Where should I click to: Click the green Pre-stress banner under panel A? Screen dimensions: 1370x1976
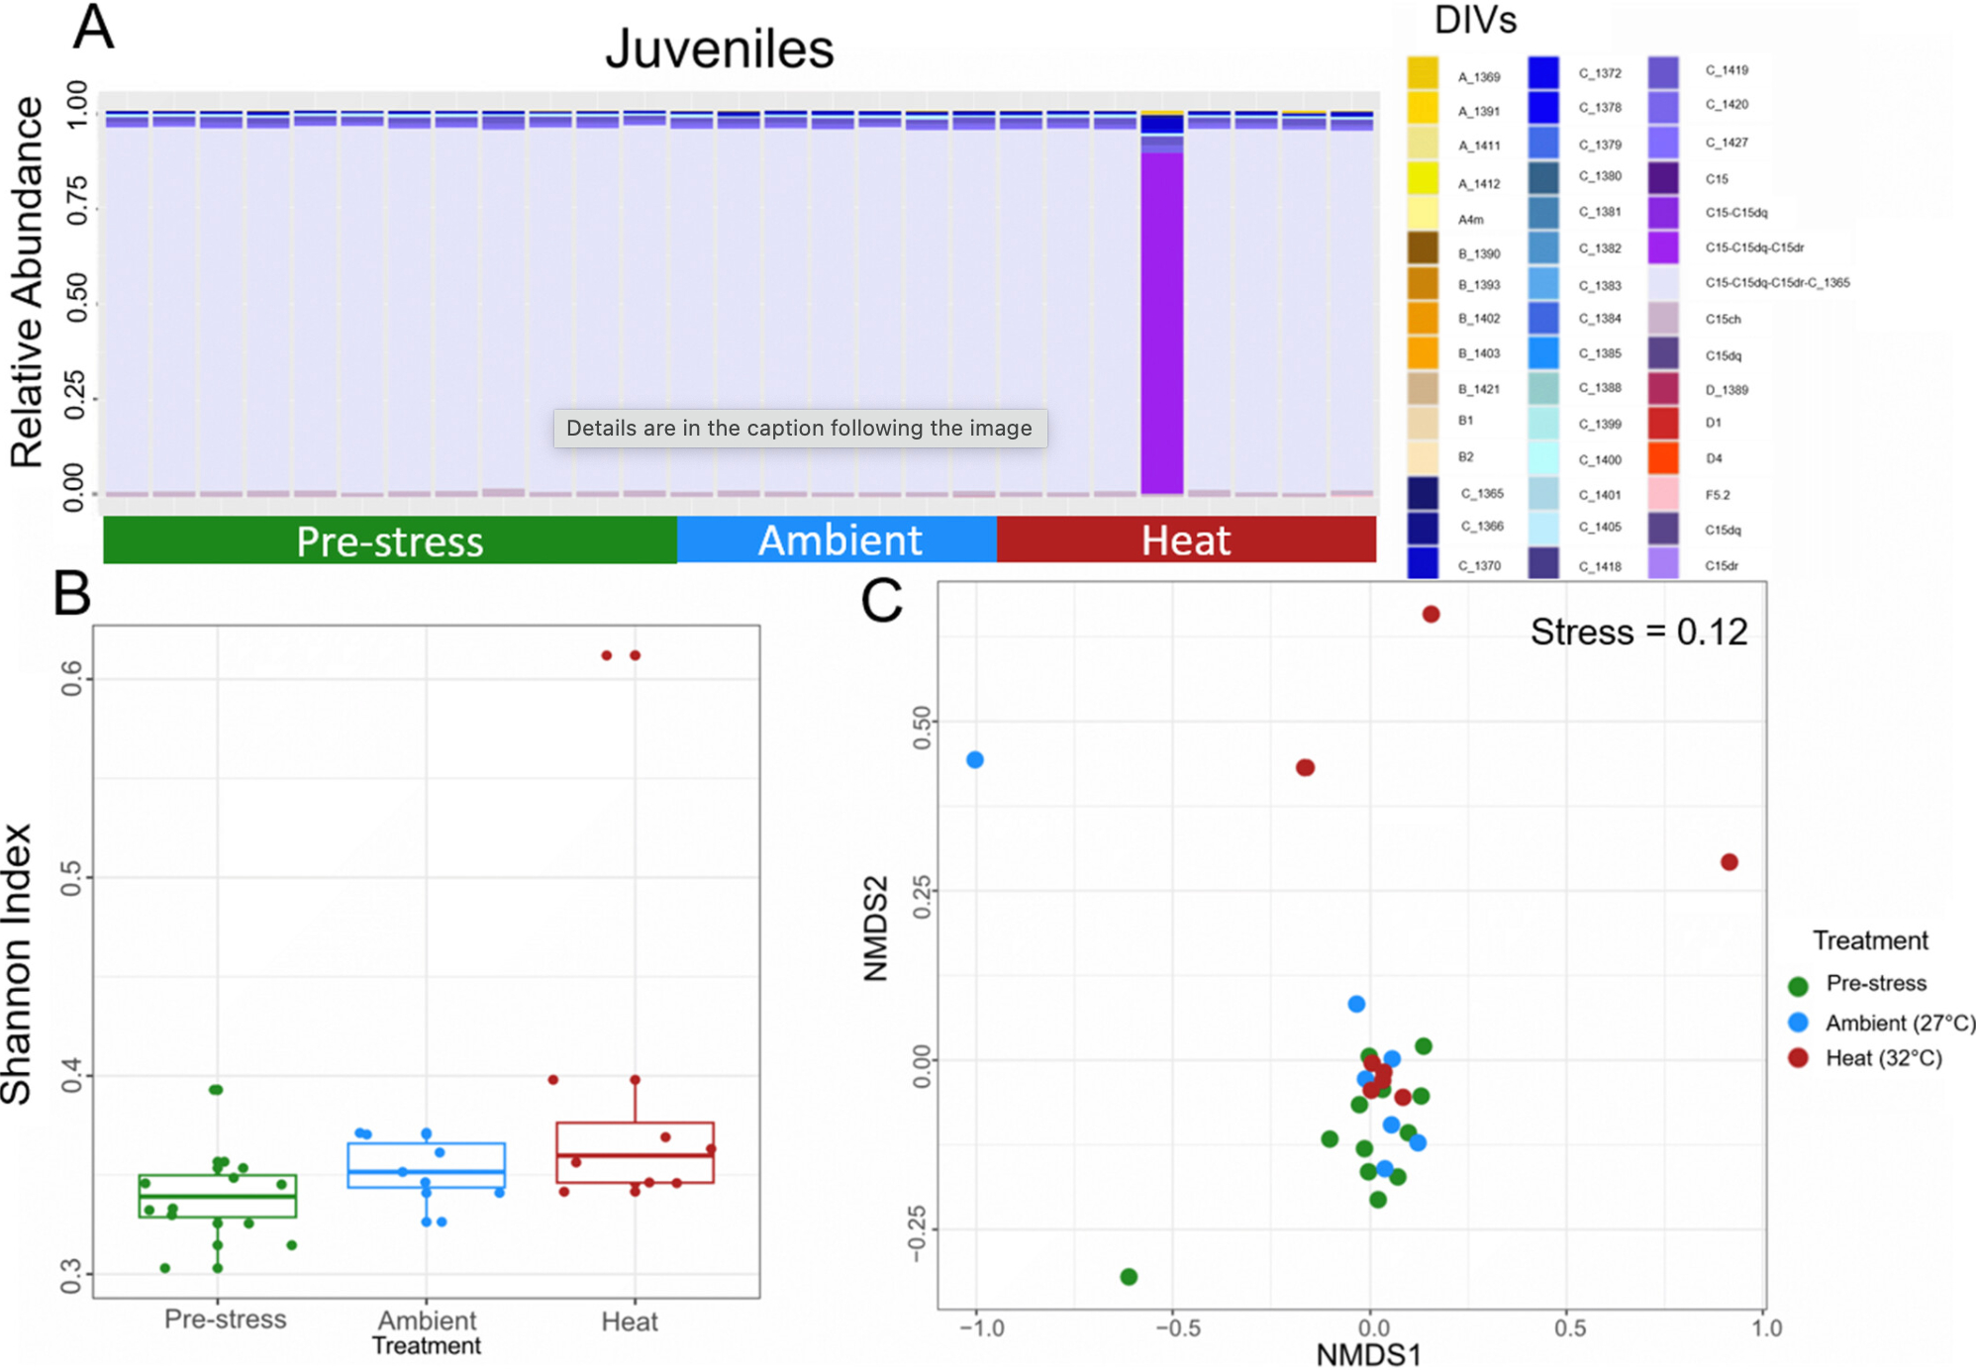[x=390, y=540]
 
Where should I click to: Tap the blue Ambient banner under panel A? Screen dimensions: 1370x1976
[x=838, y=540]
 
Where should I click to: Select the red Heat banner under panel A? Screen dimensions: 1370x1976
[x=1186, y=540]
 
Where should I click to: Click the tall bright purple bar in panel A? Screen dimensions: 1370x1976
[x=1161, y=317]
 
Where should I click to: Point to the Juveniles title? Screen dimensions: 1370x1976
[x=720, y=49]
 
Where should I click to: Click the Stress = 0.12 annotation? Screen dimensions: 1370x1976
[x=1638, y=633]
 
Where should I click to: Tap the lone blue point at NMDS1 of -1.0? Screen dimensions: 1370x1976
[x=975, y=760]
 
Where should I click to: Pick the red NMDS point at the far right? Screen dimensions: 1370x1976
[x=1729, y=862]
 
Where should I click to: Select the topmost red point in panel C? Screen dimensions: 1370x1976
[x=1431, y=615]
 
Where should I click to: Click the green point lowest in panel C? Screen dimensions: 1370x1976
[x=1129, y=1277]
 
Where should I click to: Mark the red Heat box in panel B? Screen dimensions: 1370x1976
[x=635, y=1152]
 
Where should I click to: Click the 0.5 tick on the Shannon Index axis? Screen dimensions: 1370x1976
[x=71, y=878]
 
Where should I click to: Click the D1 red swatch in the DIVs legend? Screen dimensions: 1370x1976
[x=1664, y=423]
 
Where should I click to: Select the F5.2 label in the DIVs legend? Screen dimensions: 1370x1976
[x=1718, y=495]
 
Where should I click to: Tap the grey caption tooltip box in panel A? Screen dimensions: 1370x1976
[x=800, y=429]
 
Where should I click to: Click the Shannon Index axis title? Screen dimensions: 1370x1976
[x=18, y=962]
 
